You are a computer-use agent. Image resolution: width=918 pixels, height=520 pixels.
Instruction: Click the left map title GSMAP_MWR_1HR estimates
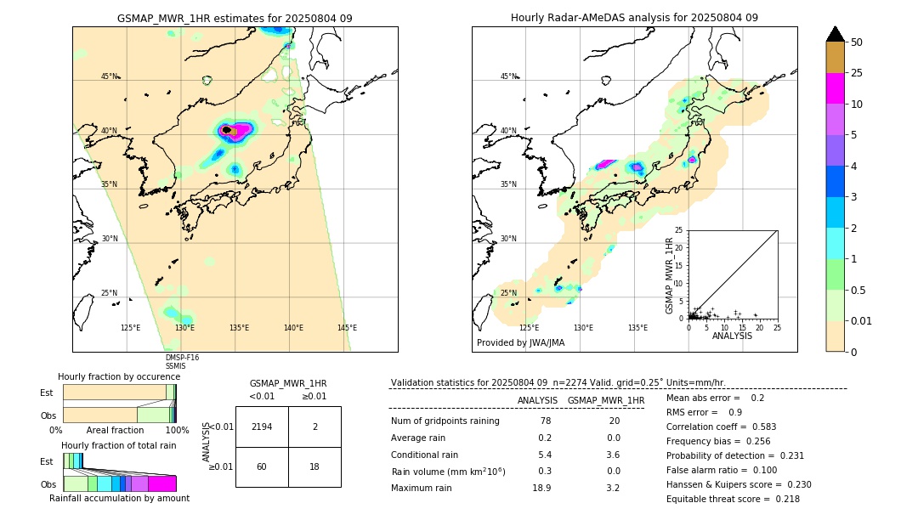point(235,18)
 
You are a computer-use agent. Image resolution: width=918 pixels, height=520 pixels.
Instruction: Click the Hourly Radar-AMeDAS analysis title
point(634,18)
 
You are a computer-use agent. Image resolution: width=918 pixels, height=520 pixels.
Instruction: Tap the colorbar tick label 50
point(857,42)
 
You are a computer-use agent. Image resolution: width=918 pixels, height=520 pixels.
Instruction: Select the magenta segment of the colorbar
point(836,88)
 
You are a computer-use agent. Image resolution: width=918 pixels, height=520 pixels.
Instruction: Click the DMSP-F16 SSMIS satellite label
point(182,362)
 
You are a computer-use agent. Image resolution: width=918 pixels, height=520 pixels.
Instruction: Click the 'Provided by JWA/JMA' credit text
point(520,343)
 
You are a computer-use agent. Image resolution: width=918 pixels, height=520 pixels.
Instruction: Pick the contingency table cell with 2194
point(262,427)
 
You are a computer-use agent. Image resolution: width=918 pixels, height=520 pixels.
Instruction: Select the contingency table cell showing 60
point(262,467)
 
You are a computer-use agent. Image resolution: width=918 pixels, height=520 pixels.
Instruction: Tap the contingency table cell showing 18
point(314,467)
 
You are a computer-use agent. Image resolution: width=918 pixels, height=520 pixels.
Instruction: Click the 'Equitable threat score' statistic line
point(733,499)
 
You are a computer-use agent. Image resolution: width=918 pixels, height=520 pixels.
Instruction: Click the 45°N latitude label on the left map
point(109,76)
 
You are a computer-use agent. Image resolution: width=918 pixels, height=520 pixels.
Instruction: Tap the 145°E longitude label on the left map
point(347,328)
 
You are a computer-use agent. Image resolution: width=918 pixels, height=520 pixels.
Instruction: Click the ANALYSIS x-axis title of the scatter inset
point(732,336)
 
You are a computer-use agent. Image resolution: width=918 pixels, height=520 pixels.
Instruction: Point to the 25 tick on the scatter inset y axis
point(679,230)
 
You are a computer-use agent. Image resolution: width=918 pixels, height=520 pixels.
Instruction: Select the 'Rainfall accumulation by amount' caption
point(119,498)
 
